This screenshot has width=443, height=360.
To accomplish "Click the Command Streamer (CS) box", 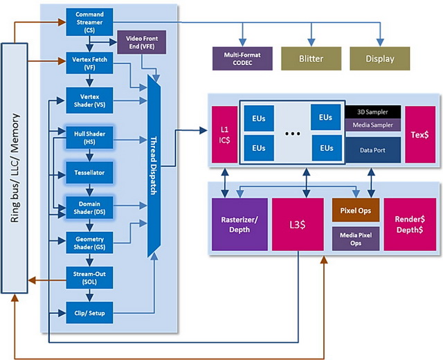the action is [x=89, y=22].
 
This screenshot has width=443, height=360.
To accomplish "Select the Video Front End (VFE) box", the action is [x=141, y=42].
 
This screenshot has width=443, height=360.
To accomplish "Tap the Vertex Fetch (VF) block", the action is [x=89, y=63].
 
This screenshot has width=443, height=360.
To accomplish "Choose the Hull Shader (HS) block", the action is [x=89, y=138].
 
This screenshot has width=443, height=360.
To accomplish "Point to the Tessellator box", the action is [x=89, y=172].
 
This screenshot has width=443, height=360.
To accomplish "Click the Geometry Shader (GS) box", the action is [x=89, y=243].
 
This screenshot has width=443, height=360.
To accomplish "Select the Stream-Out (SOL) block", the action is [x=89, y=278].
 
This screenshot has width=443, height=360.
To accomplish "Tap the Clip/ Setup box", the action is [x=89, y=313].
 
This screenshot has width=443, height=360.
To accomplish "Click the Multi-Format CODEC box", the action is [x=242, y=58].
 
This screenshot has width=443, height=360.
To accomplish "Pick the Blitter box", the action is [x=311, y=58].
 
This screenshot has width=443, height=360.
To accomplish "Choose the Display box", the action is [x=380, y=58].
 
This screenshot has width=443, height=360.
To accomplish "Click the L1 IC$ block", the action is [x=224, y=134].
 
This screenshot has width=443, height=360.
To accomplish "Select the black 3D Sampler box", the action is [x=372, y=112].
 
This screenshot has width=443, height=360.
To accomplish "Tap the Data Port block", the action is [x=372, y=150].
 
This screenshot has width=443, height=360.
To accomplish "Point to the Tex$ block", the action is [x=420, y=134].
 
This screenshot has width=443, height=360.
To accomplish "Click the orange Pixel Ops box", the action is [x=356, y=210].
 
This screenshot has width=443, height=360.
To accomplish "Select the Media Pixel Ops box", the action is [x=356, y=239].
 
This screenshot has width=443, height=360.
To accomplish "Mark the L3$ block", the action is [x=298, y=224].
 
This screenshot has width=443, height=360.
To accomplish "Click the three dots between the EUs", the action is [x=292, y=134].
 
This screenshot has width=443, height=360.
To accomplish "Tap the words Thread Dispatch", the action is [x=154, y=166].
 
